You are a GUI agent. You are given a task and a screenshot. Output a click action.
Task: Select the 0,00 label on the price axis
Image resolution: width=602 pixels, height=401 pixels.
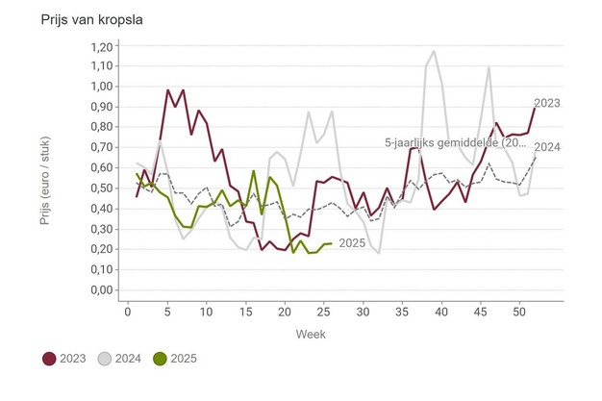pos(100,290)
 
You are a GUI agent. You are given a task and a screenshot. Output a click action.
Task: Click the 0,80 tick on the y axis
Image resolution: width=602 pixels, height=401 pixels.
pos(100,128)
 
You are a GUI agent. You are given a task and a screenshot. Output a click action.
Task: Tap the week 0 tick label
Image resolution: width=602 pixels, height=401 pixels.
pos(128,312)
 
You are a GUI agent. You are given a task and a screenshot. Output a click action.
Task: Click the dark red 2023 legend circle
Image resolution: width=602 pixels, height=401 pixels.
pos(49,359)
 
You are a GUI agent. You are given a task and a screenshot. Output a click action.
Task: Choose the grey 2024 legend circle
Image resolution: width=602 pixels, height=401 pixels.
pos(109,359)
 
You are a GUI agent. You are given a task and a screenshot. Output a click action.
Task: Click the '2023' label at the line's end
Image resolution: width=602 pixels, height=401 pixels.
pos(547,103)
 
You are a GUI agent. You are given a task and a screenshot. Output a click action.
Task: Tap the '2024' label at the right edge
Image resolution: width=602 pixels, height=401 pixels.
pos(547,147)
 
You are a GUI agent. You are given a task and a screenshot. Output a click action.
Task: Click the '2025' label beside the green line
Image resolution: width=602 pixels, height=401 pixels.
pos(353,244)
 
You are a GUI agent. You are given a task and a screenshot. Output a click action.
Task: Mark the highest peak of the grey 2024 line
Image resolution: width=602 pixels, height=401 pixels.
pos(434,52)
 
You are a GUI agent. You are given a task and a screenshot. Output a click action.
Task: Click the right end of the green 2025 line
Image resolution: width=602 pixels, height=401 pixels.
pos(332,243)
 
